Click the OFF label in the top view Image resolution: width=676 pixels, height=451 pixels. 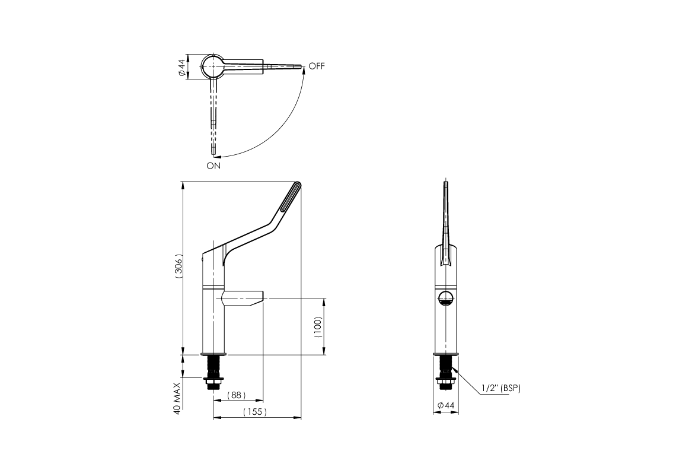click(x=317, y=66)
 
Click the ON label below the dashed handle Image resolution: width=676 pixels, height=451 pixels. click(x=213, y=166)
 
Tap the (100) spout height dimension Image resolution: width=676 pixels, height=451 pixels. click(x=318, y=326)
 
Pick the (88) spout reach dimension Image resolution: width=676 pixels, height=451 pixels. click(x=237, y=395)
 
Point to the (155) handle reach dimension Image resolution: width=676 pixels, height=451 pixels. click(x=255, y=412)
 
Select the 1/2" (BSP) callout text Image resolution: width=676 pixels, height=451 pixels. click(x=502, y=388)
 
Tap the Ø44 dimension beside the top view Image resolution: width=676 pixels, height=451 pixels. click(x=181, y=66)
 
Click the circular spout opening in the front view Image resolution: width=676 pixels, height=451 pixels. click(x=446, y=298)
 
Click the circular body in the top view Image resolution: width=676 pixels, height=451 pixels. click(x=212, y=66)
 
